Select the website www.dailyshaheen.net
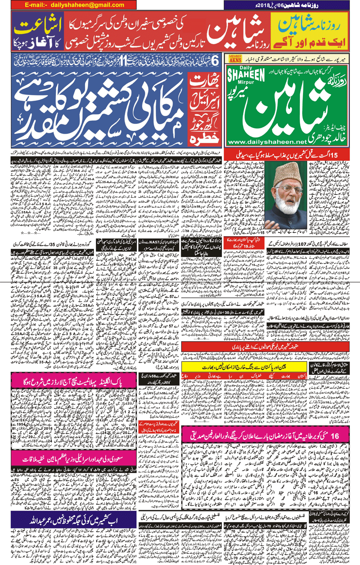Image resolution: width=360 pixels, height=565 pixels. click(x=266, y=142)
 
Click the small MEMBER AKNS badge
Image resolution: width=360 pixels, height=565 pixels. click(x=235, y=59)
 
